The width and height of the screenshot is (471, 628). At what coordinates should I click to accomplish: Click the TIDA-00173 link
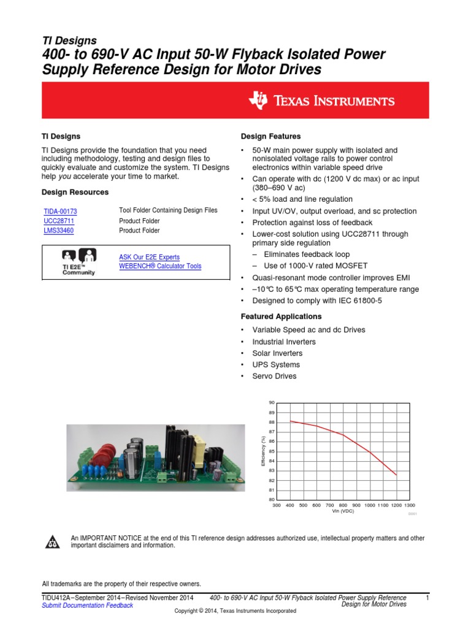60,211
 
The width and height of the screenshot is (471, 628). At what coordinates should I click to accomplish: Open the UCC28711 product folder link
59,221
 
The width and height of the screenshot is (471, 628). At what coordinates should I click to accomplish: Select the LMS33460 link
59,231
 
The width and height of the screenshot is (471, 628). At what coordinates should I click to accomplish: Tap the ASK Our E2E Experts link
149,257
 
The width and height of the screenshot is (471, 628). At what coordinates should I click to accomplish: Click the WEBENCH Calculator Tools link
159,266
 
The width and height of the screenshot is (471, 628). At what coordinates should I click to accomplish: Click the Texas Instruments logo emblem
259,101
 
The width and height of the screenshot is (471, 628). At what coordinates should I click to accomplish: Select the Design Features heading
270,136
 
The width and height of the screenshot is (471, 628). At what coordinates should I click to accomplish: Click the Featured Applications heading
281,316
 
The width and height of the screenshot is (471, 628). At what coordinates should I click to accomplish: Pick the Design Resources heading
75,192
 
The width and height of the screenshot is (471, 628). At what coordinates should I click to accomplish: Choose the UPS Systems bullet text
274,365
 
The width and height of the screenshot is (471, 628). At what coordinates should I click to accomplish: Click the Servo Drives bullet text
274,376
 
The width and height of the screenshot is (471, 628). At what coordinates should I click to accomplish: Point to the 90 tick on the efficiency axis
271,402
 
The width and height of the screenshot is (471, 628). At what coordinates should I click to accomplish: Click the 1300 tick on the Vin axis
410,505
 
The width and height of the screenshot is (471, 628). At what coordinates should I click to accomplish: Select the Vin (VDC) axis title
343,510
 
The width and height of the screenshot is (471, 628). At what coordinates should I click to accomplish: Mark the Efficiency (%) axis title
263,451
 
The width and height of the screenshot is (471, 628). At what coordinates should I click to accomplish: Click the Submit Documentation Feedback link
87,605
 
